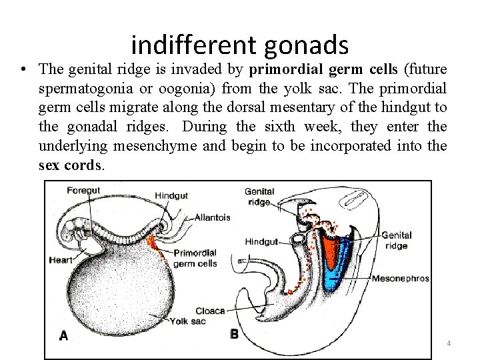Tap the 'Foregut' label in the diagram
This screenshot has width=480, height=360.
(83, 191)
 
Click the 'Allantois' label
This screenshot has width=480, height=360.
(212, 217)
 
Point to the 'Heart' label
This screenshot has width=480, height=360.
(61, 260)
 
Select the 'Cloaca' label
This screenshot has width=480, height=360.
(209, 311)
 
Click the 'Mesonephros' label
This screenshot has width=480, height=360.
(400, 278)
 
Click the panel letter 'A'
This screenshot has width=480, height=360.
(63, 335)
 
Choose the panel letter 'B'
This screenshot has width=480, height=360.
(234, 334)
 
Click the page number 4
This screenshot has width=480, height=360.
(449, 343)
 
